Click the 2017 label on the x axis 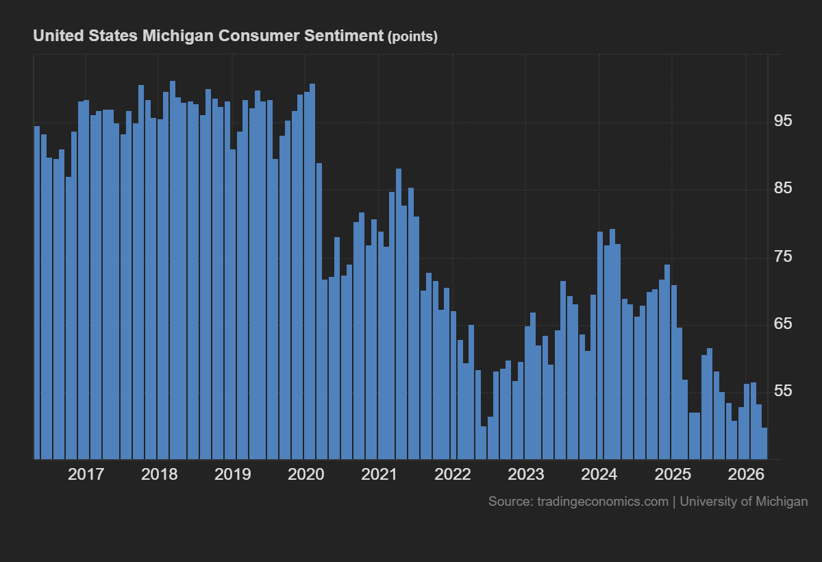tap(86, 474)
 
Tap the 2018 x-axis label tap(159, 474)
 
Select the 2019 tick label tap(232, 474)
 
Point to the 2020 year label tap(306, 474)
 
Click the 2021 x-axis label tap(379, 474)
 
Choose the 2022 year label tap(452, 474)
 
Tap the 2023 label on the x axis tap(525, 474)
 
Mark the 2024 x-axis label tap(599, 474)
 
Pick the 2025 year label tap(672, 474)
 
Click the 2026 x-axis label tap(745, 474)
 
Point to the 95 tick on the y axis tap(782, 121)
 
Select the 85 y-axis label tap(782, 188)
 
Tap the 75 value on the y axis tap(782, 256)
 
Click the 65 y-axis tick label tap(782, 323)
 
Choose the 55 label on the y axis tap(782, 391)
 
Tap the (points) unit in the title tap(412, 37)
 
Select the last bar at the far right tap(764, 443)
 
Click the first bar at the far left tap(37, 293)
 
